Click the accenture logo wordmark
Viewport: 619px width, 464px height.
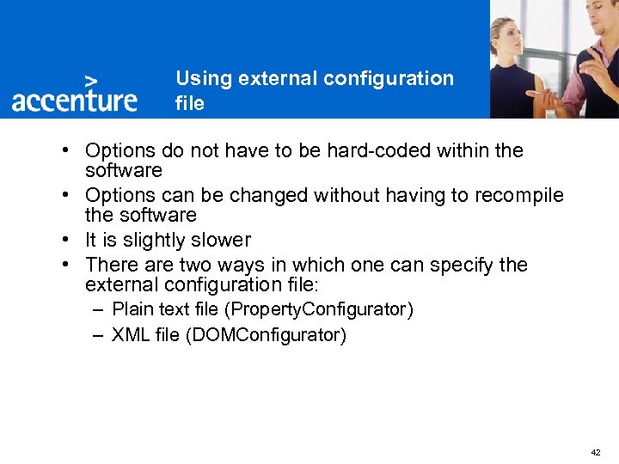[74, 99]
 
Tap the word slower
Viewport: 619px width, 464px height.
[222, 240]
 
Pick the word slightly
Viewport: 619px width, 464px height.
[158, 240]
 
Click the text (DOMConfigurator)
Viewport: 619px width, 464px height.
[265, 335]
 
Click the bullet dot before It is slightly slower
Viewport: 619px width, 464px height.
[65, 241]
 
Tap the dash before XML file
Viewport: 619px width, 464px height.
[100, 334]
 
